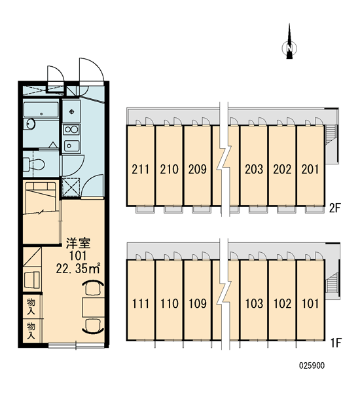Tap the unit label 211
(141, 169)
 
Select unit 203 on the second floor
(254, 169)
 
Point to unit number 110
(169, 303)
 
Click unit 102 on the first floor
(282, 303)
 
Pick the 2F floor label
(335, 208)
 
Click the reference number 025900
(312, 365)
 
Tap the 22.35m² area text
(78, 268)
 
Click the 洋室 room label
(78, 244)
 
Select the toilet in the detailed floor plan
(33, 164)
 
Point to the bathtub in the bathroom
(41, 109)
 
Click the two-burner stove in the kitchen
(71, 130)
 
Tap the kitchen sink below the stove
(71, 145)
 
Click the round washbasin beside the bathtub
(31, 124)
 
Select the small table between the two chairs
(94, 307)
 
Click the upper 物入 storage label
(31, 307)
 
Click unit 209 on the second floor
(198, 169)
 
